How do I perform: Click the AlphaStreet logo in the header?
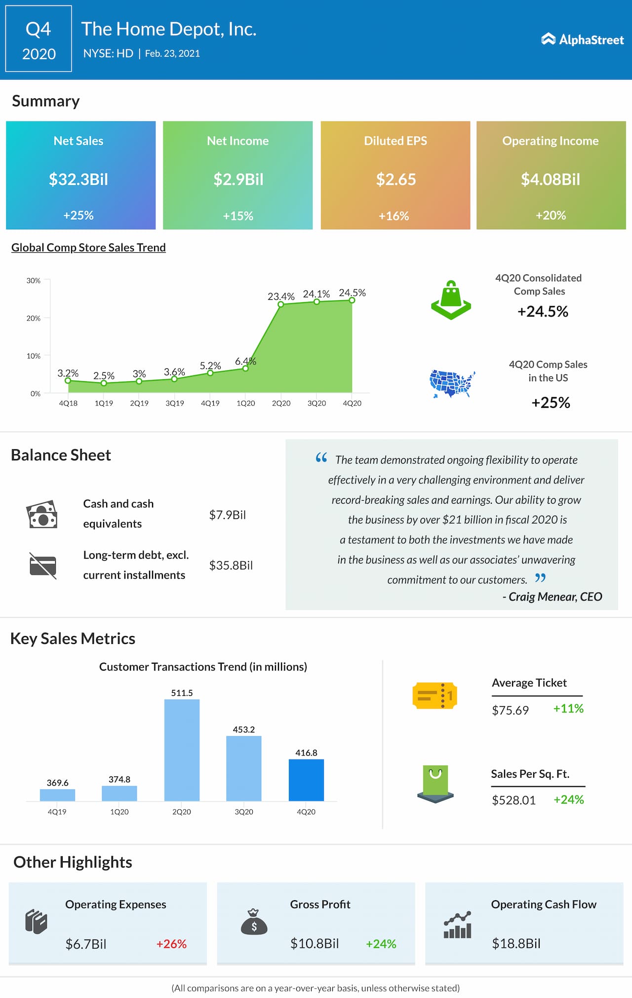[x=583, y=40]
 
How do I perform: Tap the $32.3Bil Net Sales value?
[x=79, y=179]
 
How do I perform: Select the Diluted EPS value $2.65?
[x=396, y=179]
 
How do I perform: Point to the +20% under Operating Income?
[x=551, y=215]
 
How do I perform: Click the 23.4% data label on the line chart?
[x=281, y=296]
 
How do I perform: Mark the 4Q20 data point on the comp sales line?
[x=352, y=300]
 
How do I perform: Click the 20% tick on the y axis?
[x=34, y=318]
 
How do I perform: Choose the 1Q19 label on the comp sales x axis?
[x=104, y=403]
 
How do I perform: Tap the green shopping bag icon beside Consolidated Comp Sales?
[x=451, y=300]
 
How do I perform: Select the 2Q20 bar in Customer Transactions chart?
[x=182, y=750]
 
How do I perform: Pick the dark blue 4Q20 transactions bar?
[x=306, y=780]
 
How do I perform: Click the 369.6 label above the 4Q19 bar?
[x=58, y=783]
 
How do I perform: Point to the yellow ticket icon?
[x=434, y=696]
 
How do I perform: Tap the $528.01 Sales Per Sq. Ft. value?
[x=513, y=800]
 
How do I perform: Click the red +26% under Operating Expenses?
[x=171, y=944]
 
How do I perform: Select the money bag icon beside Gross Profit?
[x=254, y=922]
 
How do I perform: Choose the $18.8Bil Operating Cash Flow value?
[x=516, y=943]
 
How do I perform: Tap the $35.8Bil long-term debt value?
[x=231, y=565]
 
